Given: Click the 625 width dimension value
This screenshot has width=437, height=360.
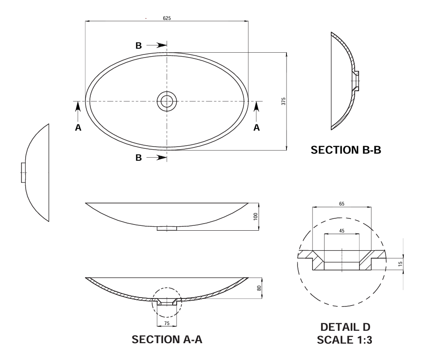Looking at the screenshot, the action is [166, 18].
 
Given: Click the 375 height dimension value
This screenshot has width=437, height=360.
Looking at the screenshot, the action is [283, 101].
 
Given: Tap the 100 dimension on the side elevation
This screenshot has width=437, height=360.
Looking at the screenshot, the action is [255, 217].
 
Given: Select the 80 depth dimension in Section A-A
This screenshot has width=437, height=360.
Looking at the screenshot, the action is [259, 288].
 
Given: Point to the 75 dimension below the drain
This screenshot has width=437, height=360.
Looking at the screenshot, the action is [166, 323].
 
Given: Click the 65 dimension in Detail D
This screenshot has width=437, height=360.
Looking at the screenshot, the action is [342, 204].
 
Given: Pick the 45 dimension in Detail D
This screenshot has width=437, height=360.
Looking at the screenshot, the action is [342, 230].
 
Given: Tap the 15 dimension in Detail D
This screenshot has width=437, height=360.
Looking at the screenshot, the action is [400, 263].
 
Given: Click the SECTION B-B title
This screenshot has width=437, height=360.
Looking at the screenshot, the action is [346, 150].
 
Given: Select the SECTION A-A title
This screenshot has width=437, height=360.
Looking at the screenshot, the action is [167, 339].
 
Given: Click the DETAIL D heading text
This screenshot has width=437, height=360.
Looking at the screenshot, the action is [345, 327].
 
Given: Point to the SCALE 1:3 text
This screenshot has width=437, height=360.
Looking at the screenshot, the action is [344, 340].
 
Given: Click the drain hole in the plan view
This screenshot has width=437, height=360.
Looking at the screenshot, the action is [166, 101].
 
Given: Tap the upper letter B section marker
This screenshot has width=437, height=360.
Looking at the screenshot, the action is [139, 46].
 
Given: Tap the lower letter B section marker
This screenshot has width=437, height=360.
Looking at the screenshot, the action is [139, 158].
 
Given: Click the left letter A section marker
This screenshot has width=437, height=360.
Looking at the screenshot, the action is [78, 128].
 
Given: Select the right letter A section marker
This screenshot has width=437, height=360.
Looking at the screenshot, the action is [256, 128].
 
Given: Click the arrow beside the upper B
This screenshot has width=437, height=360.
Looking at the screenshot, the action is [156, 45].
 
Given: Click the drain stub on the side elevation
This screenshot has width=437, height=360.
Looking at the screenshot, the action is [166, 228].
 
